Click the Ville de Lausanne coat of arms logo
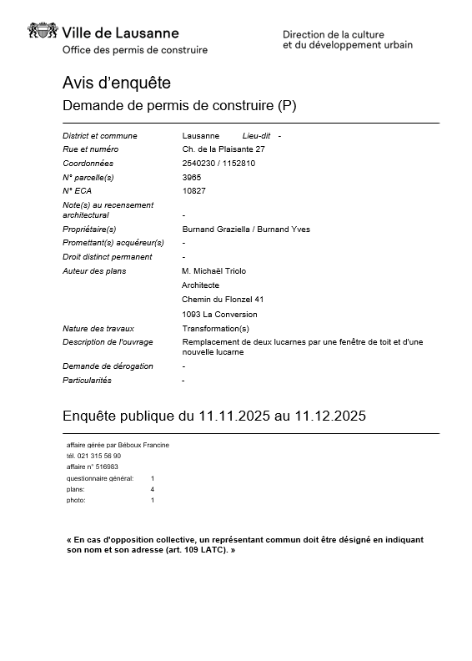pyautogui.click(x=43, y=33)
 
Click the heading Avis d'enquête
pyautogui.click(x=116, y=83)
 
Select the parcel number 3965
pyautogui.click(x=191, y=177)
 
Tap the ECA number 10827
pyautogui.click(x=193, y=191)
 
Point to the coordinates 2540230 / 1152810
pyautogui.click(x=218, y=164)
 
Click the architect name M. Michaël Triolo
pyautogui.click(x=213, y=271)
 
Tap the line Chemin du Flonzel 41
pyautogui.click(x=223, y=300)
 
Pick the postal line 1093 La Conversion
pyautogui.click(x=219, y=315)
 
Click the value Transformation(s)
pyautogui.click(x=215, y=329)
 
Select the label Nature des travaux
pyautogui.click(x=98, y=329)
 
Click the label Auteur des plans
pyautogui.click(x=94, y=271)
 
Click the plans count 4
pyautogui.click(x=152, y=489)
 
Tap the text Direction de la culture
pyautogui.click(x=334, y=34)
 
